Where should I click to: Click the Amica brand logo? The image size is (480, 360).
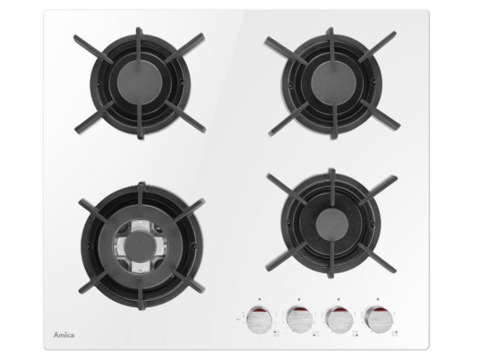coord(64,335)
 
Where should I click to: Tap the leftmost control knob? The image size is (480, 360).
coord(260,319)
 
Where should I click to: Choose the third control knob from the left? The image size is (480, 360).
coord(339,319)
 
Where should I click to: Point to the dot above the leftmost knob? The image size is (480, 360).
coord(260,299)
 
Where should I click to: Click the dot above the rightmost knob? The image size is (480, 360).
coord(378,299)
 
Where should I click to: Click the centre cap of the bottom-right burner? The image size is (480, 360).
coord(332,224)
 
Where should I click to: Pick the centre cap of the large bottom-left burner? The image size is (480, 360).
coord(141,245)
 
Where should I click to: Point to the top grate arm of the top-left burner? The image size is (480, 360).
coord(139,46)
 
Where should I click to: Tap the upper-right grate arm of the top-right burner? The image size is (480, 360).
coord(378,47)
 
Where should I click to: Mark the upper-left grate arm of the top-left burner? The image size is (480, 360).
coord(93,49)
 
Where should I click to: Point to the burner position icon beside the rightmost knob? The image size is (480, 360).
coord(395,334)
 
